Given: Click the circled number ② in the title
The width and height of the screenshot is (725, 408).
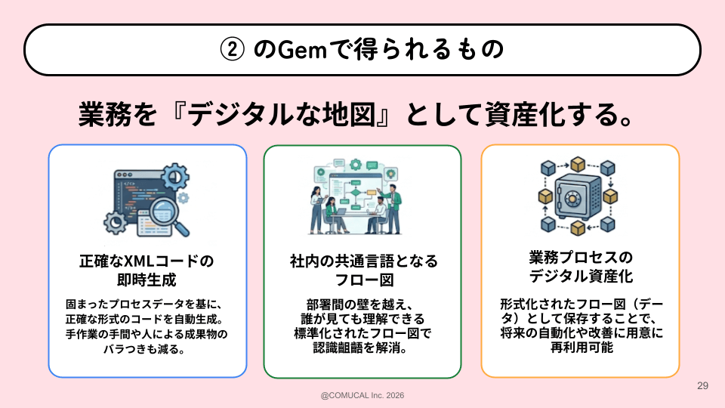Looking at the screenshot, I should tap(230, 50).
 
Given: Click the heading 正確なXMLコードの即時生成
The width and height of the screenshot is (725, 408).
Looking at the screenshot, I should tap(147, 270).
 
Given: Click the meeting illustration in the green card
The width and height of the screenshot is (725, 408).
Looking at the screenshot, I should tap(362, 198).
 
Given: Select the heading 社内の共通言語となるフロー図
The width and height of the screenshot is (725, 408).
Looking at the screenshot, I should tap(363, 270).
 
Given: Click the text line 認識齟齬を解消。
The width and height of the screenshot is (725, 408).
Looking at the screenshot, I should tap(363, 349).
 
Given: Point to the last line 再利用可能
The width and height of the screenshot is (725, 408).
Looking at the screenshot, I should tap(581, 348).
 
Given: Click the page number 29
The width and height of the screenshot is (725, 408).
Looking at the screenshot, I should tap(702, 386).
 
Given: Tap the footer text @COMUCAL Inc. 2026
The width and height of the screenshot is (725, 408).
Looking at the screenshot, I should tap(362, 394).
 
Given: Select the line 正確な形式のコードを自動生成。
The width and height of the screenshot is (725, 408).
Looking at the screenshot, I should tap(147, 320).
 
